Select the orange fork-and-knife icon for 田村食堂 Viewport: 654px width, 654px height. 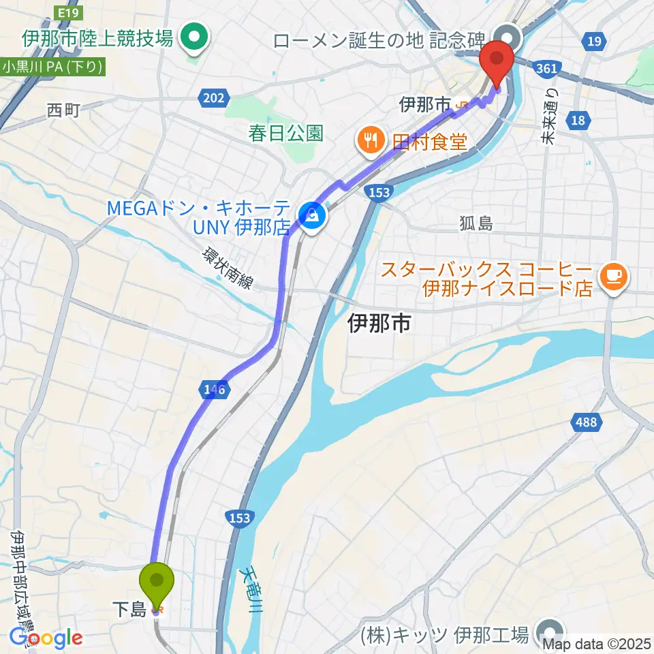[x=371, y=141]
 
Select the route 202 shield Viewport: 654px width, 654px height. [x=213, y=99]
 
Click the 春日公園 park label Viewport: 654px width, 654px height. [x=285, y=132]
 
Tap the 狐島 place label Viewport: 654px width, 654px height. [x=476, y=223]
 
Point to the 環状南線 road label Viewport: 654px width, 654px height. [x=227, y=268]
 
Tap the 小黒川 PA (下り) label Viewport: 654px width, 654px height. [x=52, y=67]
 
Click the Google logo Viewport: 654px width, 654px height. [x=46, y=638]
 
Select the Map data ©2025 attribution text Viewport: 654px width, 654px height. [x=597, y=642]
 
